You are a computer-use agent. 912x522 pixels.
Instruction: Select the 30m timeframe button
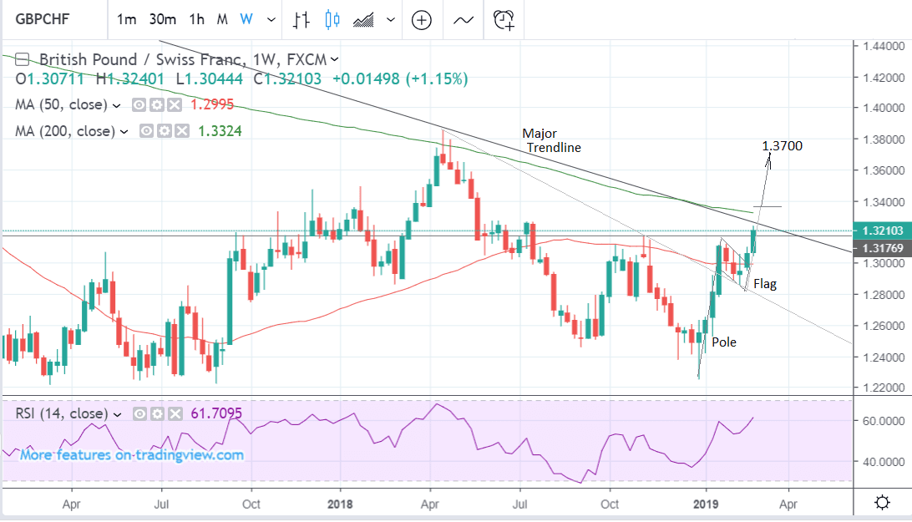(x=162, y=18)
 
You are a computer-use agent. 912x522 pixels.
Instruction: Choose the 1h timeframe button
(x=196, y=18)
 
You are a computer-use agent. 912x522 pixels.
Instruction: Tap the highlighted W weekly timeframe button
(x=246, y=18)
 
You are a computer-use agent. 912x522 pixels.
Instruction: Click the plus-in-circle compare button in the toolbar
(x=422, y=19)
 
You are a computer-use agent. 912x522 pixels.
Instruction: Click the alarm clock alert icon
(x=504, y=19)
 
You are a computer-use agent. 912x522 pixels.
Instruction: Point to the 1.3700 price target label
(x=783, y=146)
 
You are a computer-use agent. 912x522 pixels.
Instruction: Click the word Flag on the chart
(x=764, y=284)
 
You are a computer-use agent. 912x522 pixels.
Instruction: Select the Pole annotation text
(x=724, y=342)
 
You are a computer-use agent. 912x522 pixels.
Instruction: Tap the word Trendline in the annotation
(x=554, y=147)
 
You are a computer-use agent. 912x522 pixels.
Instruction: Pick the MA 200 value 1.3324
(x=218, y=131)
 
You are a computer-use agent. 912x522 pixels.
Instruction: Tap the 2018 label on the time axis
(x=341, y=504)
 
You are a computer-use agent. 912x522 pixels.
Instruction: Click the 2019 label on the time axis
(x=706, y=504)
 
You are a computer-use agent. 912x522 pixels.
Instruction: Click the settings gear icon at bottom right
(x=881, y=503)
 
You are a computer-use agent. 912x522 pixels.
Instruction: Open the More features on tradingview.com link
(x=132, y=455)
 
